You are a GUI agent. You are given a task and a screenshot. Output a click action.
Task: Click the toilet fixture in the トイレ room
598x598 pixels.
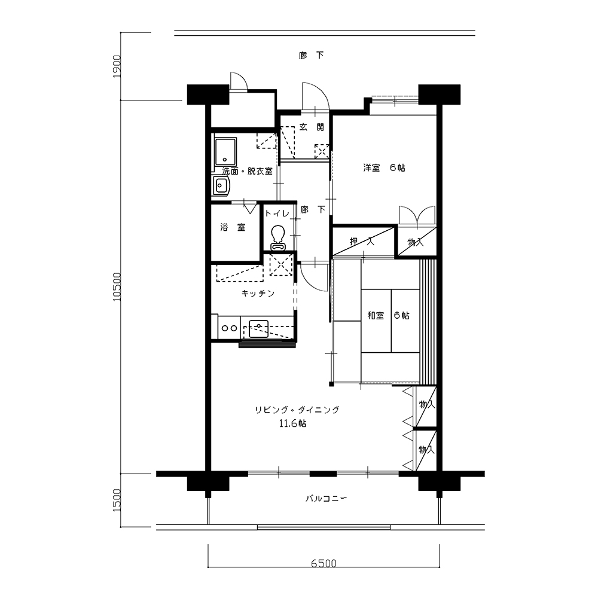pos(278,238)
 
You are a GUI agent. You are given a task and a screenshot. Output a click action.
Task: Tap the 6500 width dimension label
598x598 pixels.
pos(324,563)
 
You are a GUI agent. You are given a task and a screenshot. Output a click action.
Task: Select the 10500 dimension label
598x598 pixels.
pos(117,287)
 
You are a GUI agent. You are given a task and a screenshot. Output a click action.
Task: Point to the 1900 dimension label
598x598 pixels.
pos(117,67)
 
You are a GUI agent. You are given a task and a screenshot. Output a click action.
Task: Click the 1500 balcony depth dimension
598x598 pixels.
pos(117,501)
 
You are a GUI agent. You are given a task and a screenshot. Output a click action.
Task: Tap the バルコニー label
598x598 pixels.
pos(327,499)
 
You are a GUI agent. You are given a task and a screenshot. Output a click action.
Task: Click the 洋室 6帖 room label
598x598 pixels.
pos(384,167)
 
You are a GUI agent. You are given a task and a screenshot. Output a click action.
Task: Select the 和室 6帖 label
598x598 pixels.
pos(388,315)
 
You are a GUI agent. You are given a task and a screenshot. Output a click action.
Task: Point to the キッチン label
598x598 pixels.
pos(258,293)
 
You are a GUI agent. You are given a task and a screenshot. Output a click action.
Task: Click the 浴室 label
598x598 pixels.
pos(233,227)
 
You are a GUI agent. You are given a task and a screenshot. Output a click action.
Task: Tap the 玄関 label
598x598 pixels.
pos(312,127)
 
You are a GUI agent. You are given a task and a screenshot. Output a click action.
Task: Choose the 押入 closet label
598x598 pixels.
pos(362,241)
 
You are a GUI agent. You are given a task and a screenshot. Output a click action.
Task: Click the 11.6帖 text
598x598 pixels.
pos(292,423)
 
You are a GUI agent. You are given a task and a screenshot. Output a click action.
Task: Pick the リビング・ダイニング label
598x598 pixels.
pos(297,410)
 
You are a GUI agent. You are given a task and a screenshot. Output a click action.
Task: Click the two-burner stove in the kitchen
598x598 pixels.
pos(229,328)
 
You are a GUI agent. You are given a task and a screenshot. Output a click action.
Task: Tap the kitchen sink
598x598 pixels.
pos(258,329)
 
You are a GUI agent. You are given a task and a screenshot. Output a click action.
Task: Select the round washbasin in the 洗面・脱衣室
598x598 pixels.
pos(221,186)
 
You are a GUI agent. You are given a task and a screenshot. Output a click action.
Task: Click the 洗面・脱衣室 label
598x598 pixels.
pos(248,171)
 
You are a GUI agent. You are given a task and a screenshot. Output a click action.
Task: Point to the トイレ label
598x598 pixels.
pos(277,213)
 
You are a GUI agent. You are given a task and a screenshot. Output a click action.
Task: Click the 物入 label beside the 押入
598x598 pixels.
pos(416,242)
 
